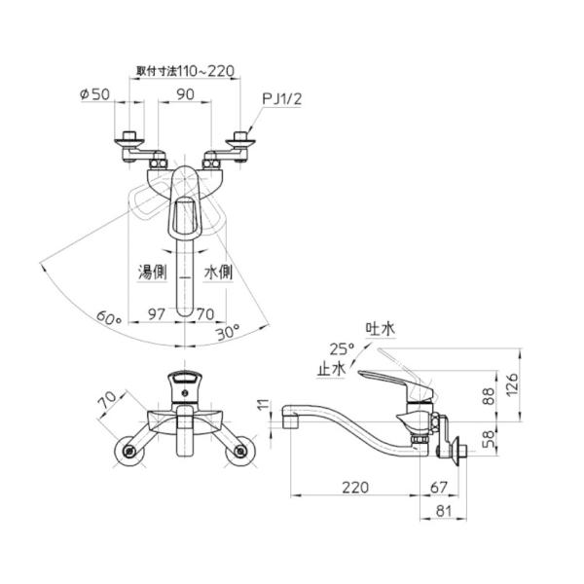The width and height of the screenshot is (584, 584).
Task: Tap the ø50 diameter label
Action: point(93,94)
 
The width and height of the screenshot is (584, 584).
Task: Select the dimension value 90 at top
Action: point(186,94)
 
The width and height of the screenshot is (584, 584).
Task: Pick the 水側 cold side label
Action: point(218,274)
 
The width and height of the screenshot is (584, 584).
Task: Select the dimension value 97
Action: point(155,313)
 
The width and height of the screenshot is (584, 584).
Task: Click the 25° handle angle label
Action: point(341,348)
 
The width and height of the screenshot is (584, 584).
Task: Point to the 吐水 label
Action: point(377,330)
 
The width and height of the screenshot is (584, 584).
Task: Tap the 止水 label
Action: point(332,369)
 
